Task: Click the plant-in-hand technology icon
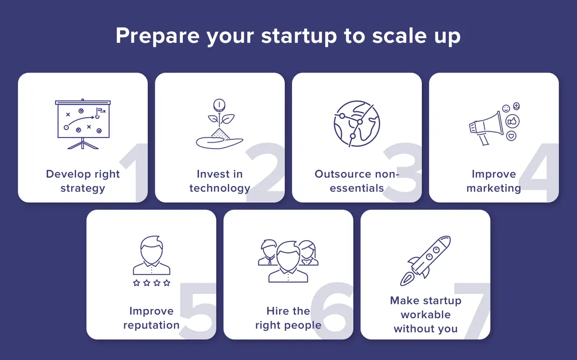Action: pos(219,124)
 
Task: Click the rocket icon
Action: pos(426,261)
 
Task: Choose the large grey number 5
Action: pos(199,311)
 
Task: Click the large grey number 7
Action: pos(472,311)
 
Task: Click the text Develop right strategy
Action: pos(83,181)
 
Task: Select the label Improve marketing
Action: pos(494,181)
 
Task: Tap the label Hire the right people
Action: pos(288,318)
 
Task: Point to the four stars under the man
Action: pos(151,283)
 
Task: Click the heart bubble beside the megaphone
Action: pos(511,136)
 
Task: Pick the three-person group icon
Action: pos(288,261)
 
